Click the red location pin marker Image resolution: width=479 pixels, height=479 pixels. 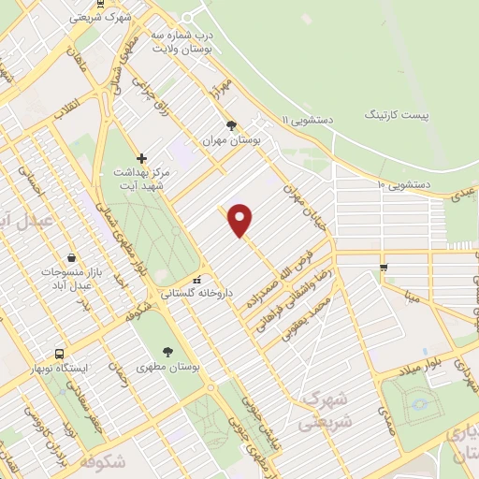point(240,219)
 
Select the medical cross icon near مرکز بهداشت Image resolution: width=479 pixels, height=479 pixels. point(141,158)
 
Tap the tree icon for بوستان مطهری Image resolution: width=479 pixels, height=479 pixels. point(167,353)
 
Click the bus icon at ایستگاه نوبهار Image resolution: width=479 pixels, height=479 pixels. point(60,354)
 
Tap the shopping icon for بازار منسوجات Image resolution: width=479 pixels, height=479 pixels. point(73,257)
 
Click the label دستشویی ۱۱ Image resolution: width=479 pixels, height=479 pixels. point(310,119)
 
